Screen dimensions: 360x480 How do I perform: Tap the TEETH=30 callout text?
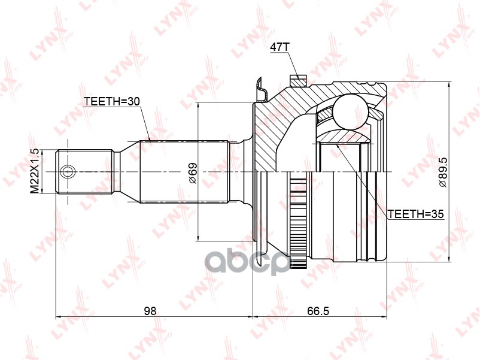click(111, 102)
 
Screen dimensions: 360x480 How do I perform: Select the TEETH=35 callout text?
click(415, 213)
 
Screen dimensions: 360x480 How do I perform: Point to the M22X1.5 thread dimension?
click(35, 170)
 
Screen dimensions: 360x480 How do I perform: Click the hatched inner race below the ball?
click(344, 136)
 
